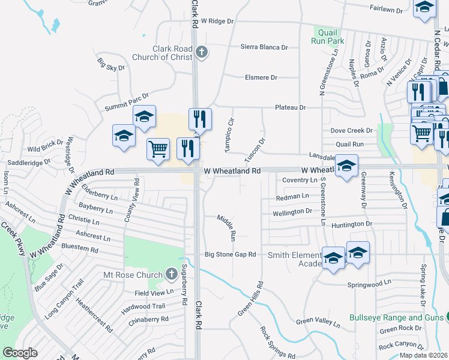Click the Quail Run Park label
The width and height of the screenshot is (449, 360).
pyautogui.click(x=327, y=37)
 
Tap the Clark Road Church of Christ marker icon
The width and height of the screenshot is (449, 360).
pyautogui.click(x=202, y=52)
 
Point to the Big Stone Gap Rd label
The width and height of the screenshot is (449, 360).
pyautogui.click(x=231, y=254)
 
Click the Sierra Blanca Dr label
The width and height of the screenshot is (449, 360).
pyautogui.click(x=264, y=47)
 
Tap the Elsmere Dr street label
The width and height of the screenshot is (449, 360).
pyautogui.click(x=261, y=77)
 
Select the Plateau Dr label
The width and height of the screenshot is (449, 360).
pyautogui.click(x=291, y=107)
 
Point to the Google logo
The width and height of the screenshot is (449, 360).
pyautogui.click(x=20, y=353)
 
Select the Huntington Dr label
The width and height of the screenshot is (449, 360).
pyautogui.click(x=352, y=224)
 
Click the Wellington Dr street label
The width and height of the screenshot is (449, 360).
pyautogui.click(x=293, y=211)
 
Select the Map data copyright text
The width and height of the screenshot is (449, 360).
pyautogui.click(x=423, y=355)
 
